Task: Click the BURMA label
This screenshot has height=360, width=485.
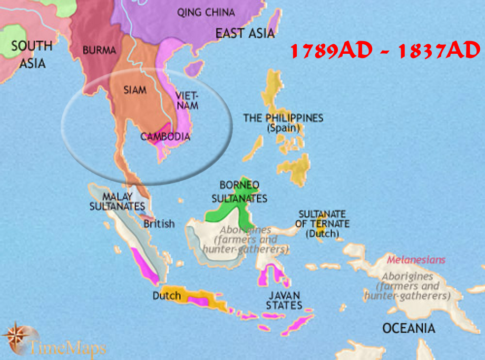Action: (99, 51)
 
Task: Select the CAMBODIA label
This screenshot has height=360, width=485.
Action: (165, 137)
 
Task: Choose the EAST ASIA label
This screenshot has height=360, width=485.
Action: (245, 34)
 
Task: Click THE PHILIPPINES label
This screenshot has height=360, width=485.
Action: (283, 118)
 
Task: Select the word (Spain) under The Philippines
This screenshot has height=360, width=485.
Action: (283, 128)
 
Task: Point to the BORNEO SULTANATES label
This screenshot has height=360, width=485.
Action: (239, 192)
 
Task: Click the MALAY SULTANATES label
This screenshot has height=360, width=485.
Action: (110, 201)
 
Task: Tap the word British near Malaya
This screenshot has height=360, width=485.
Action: (159, 224)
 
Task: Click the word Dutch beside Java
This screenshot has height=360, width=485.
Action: (167, 296)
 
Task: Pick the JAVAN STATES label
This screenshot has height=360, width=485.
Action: (284, 300)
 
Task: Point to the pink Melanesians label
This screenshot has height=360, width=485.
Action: (416, 260)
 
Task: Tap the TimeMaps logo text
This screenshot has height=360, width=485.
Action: (67, 348)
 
